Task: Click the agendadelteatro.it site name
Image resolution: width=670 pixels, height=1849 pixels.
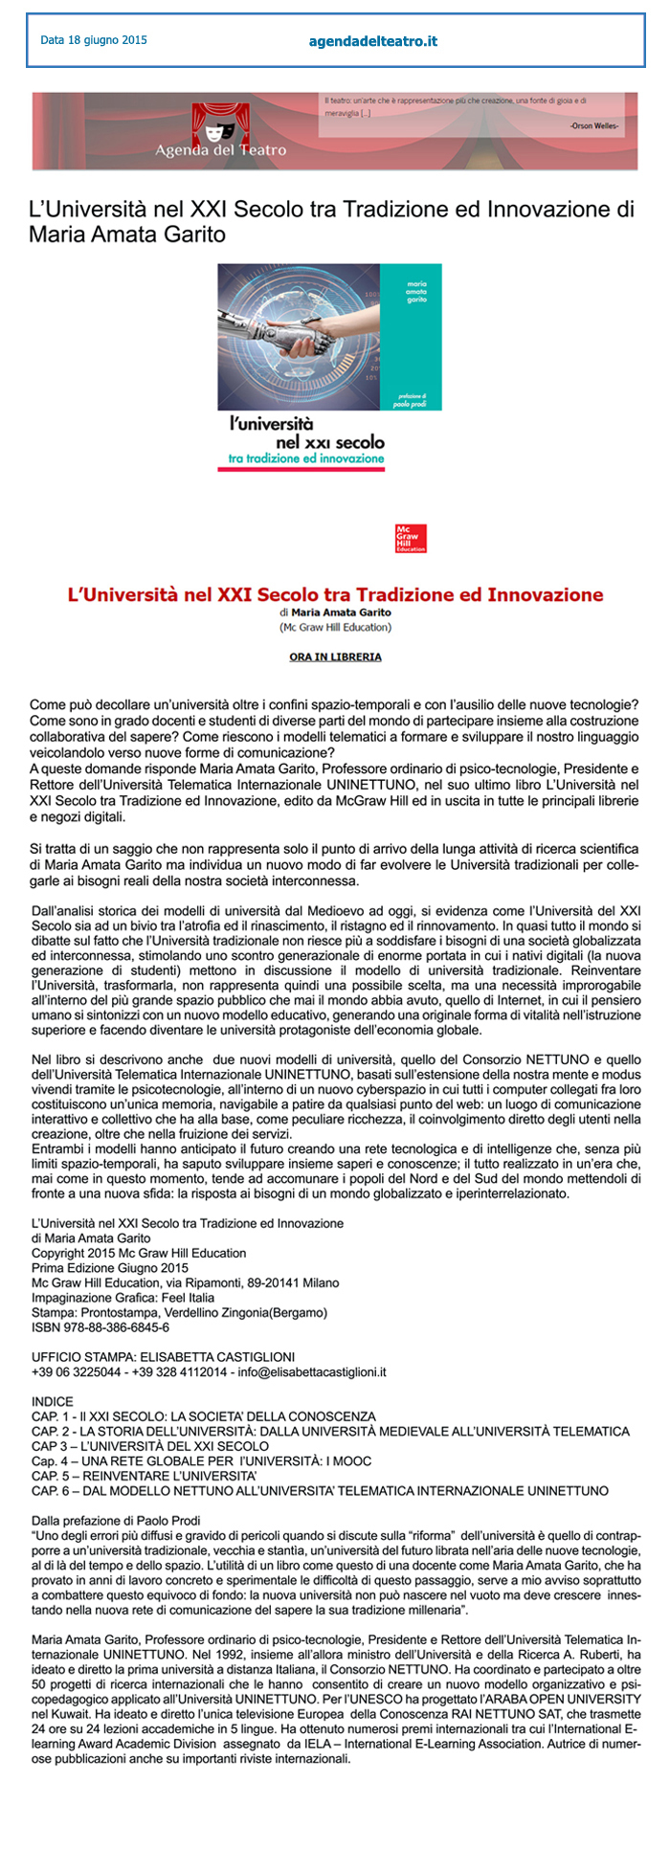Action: (x=372, y=41)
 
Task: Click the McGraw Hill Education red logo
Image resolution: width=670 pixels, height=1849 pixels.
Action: (x=411, y=538)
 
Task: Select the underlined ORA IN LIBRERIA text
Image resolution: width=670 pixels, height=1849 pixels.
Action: (x=335, y=657)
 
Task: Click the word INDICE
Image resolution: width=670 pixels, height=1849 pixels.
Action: (x=52, y=1401)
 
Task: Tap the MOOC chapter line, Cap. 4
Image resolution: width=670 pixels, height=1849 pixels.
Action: (x=201, y=1461)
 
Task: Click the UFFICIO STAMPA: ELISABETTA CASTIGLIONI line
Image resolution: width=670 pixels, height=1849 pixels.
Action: (x=163, y=1357)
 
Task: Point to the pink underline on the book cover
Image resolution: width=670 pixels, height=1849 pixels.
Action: (x=301, y=469)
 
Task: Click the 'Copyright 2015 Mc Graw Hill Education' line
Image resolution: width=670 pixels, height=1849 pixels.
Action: (x=139, y=1253)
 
